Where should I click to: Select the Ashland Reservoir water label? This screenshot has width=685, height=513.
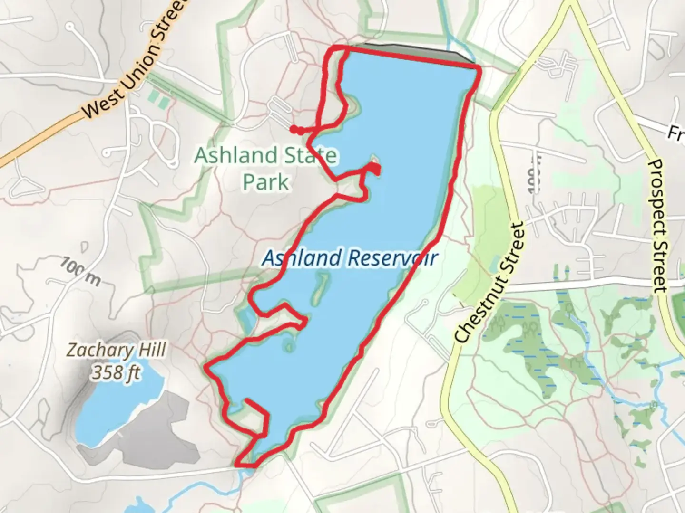coord(350,258)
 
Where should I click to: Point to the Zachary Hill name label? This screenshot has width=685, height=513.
coord(116,351)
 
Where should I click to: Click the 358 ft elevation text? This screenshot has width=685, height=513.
coord(116,372)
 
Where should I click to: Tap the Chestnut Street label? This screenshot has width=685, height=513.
coord(490,282)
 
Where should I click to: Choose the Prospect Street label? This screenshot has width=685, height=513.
coord(658,226)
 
